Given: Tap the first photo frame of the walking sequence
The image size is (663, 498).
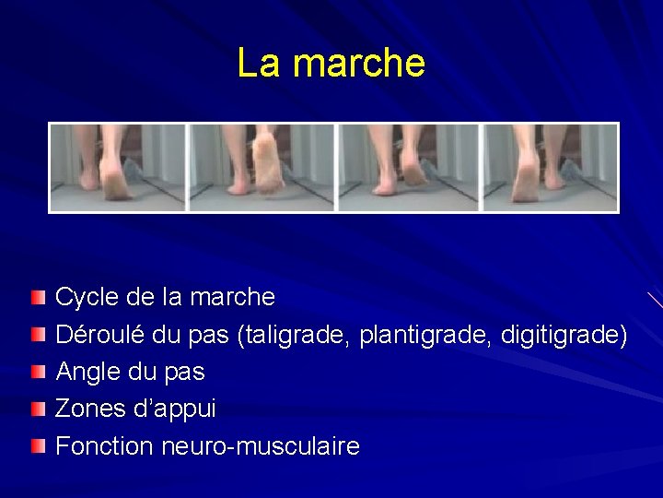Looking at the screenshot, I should coord(118,168).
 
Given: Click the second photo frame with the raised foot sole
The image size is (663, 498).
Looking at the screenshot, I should coord(262,168).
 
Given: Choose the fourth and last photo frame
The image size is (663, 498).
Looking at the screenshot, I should coord(550,168).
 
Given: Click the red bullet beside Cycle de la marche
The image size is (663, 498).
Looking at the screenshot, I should coord(37,297).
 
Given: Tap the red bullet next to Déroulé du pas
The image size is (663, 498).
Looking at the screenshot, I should coord(37,335).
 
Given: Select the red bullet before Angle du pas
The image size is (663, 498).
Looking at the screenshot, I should coord(37,372).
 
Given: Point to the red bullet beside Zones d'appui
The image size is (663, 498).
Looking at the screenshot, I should coord(37,409).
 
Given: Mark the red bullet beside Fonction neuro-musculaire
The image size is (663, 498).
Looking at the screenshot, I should coord(37,446).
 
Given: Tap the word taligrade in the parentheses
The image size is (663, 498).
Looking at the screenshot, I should coord(295,335).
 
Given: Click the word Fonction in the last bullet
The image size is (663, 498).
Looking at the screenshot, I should coord(104,446).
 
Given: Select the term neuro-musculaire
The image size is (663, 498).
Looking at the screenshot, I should coord(261,446).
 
